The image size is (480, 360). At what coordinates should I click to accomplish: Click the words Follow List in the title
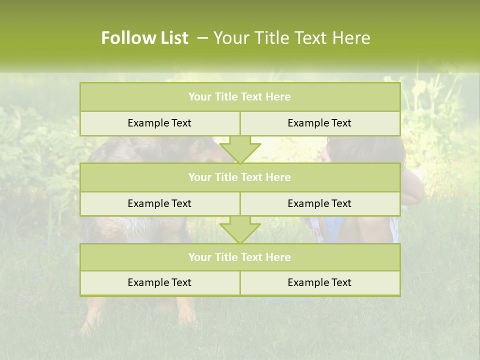(144, 38)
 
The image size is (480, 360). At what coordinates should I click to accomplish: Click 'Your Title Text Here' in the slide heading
(291, 38)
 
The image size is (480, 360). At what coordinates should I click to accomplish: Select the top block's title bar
(239, 97)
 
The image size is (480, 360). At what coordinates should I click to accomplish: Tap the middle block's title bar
(239, 177)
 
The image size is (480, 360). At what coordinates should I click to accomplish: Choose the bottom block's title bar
(239, 257)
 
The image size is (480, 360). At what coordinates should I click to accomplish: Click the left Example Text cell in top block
(159, 123)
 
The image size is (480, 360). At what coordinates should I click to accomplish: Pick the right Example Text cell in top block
(319, 123)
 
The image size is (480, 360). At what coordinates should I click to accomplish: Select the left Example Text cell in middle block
(159, 203)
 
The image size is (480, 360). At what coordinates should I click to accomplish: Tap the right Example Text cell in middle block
(319, 203)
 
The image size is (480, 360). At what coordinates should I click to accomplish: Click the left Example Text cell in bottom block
(159, 282)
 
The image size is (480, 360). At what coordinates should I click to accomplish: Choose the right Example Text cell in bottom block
(319, 282)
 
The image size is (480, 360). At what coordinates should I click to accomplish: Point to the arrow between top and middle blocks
(240, 150)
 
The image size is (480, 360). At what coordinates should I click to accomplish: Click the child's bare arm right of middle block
(412, 192)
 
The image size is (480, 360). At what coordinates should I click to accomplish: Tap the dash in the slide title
(202, 38)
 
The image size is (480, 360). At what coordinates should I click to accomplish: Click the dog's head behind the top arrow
(200, 150)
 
